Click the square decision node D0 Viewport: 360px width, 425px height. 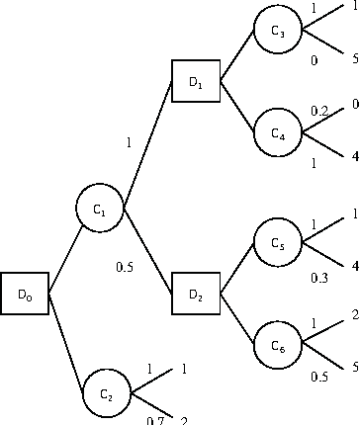pos(25,294)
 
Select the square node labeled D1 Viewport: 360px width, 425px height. pos(195,82)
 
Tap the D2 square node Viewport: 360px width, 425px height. pos(195,294)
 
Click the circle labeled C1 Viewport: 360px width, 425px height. pos(100,209)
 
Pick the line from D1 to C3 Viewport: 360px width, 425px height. pos(238,56)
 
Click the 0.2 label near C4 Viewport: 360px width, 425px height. pos(318,112)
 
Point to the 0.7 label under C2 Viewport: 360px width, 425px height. pos(154,420)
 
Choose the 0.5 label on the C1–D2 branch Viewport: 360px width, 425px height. pos(126,266)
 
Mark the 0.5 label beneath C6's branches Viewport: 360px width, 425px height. pos(317,377)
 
